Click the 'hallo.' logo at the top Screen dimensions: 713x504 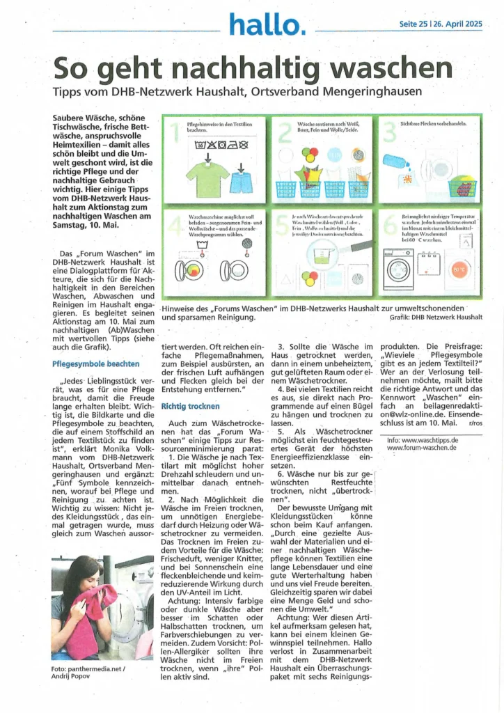(267, 25)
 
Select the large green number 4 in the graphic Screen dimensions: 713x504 (174, 226)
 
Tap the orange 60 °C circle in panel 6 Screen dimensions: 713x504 (459, 269)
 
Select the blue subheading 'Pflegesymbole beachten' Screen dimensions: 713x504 (95, 363)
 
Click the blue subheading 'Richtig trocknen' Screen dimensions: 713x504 (190, 405)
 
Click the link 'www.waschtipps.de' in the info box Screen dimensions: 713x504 (432, 440)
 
